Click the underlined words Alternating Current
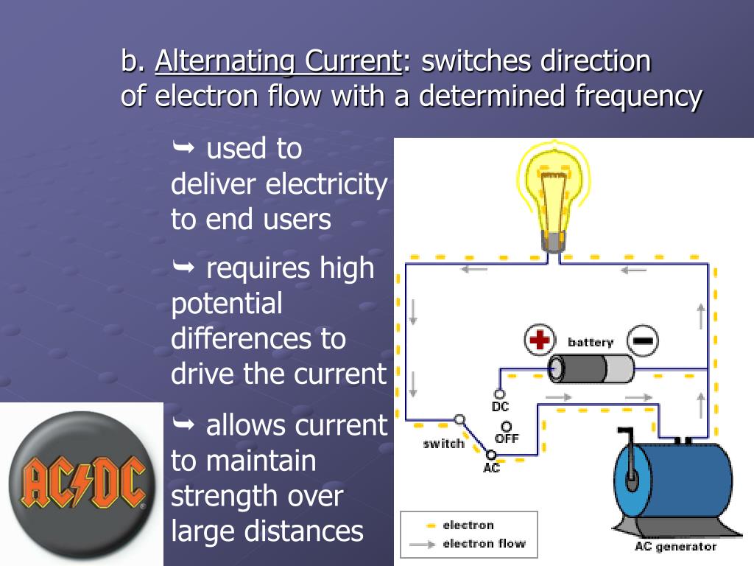(x=277, y=61)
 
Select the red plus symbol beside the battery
(x=539, y=340)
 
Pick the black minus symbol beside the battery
(x=642, y=340)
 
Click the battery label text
(x=590, y=342)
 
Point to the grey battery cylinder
(x=591, y=368)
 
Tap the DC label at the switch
(x=500, y=406)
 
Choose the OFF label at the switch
(x=507, y=439)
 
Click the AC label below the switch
(x=491, y=468)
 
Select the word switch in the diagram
(x=443, y=444)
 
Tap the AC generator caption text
(x=674, y=547)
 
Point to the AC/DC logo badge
(x=80, y=483)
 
